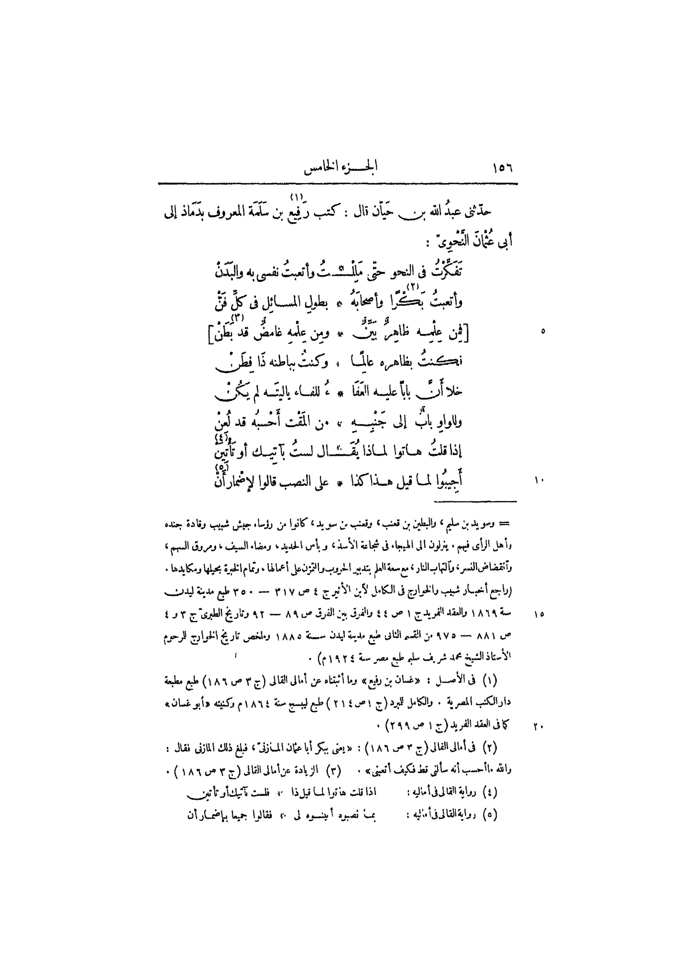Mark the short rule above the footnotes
(475, 501)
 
